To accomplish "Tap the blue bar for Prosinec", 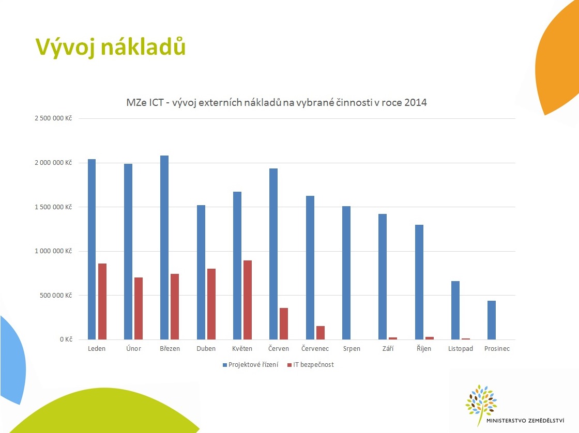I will [491, 320].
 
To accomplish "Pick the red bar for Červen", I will [284, 323].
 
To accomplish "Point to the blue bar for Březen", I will [164, 248].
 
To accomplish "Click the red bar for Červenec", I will [321, 333].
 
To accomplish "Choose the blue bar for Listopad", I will [455, 310].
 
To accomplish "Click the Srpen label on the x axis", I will [352, 349].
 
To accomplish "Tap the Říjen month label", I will [424, 349].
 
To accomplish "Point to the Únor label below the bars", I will [134, 349].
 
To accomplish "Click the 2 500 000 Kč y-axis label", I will [53, 118].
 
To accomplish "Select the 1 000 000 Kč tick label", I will [53, 251].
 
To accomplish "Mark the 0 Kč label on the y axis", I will [65, 339].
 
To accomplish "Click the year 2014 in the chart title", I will [416, 102].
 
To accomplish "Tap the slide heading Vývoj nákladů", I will [110, 47].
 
